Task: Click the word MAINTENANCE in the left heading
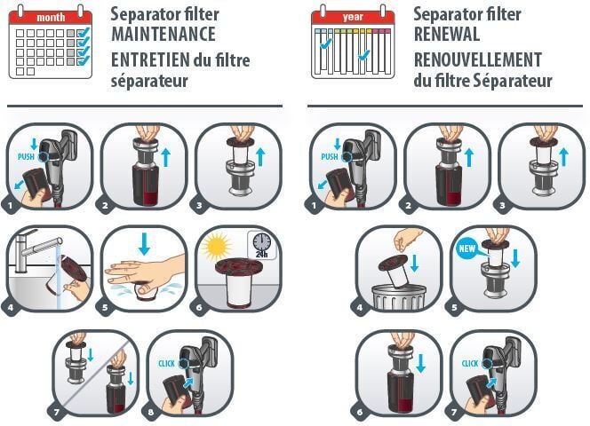[163, 35]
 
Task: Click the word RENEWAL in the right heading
[447, 35]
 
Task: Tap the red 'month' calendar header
[51, 18]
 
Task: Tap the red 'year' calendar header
[353, 17]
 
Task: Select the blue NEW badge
[467, 248]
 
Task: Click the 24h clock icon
[262, 245]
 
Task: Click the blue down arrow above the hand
[144, 244]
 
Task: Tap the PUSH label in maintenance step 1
[26, 156]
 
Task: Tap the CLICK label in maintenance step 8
[167, 364]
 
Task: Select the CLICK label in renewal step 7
[470, 364]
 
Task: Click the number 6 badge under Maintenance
[199, 308]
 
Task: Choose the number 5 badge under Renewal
[454, 308]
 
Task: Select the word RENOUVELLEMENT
[478, 59]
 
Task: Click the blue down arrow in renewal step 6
[420, 363]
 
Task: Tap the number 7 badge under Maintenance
[57, 413]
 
